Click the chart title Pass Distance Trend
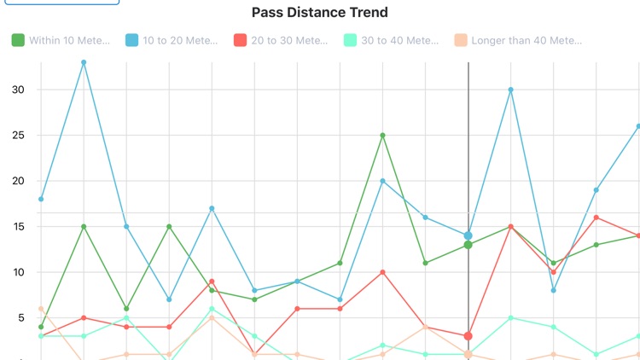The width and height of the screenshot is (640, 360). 320,13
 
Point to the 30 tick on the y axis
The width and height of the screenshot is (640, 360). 19,90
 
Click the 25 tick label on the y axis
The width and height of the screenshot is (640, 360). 19,136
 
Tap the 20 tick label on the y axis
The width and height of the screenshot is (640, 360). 19,181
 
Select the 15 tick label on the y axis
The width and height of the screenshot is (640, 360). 19,227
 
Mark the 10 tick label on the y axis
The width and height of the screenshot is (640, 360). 19,272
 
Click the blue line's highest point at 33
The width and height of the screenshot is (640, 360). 84,62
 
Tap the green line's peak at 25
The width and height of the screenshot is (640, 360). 383,135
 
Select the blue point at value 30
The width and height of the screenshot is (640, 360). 511,90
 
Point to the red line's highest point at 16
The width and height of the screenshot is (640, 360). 596,218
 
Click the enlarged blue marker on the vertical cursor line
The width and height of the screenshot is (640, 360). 468,235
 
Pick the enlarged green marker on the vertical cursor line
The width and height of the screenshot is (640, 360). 468,245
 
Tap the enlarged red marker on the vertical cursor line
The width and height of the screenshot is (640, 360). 468,336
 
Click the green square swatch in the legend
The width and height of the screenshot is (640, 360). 18,40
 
